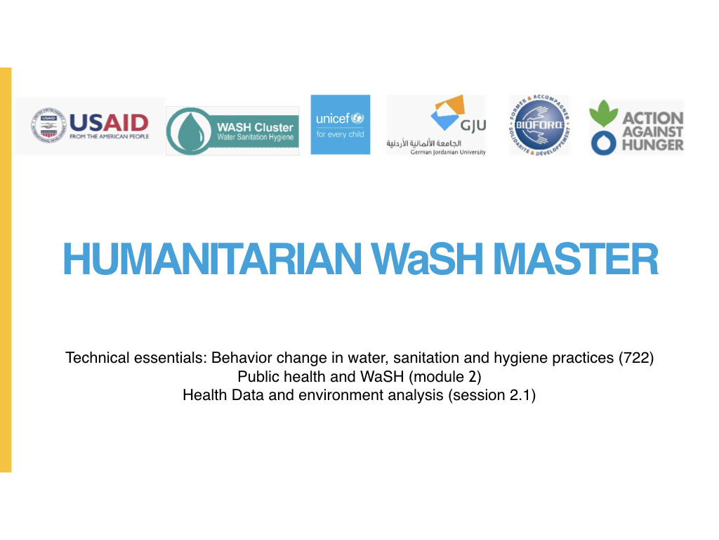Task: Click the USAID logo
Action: point(90,127)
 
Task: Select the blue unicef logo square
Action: point(340,124)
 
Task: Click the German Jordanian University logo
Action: point(436,125)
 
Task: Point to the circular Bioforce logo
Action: point(539,124)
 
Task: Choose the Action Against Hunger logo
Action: point(636,127)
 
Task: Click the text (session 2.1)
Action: point(492,395)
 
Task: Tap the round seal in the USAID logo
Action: point(46,127)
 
